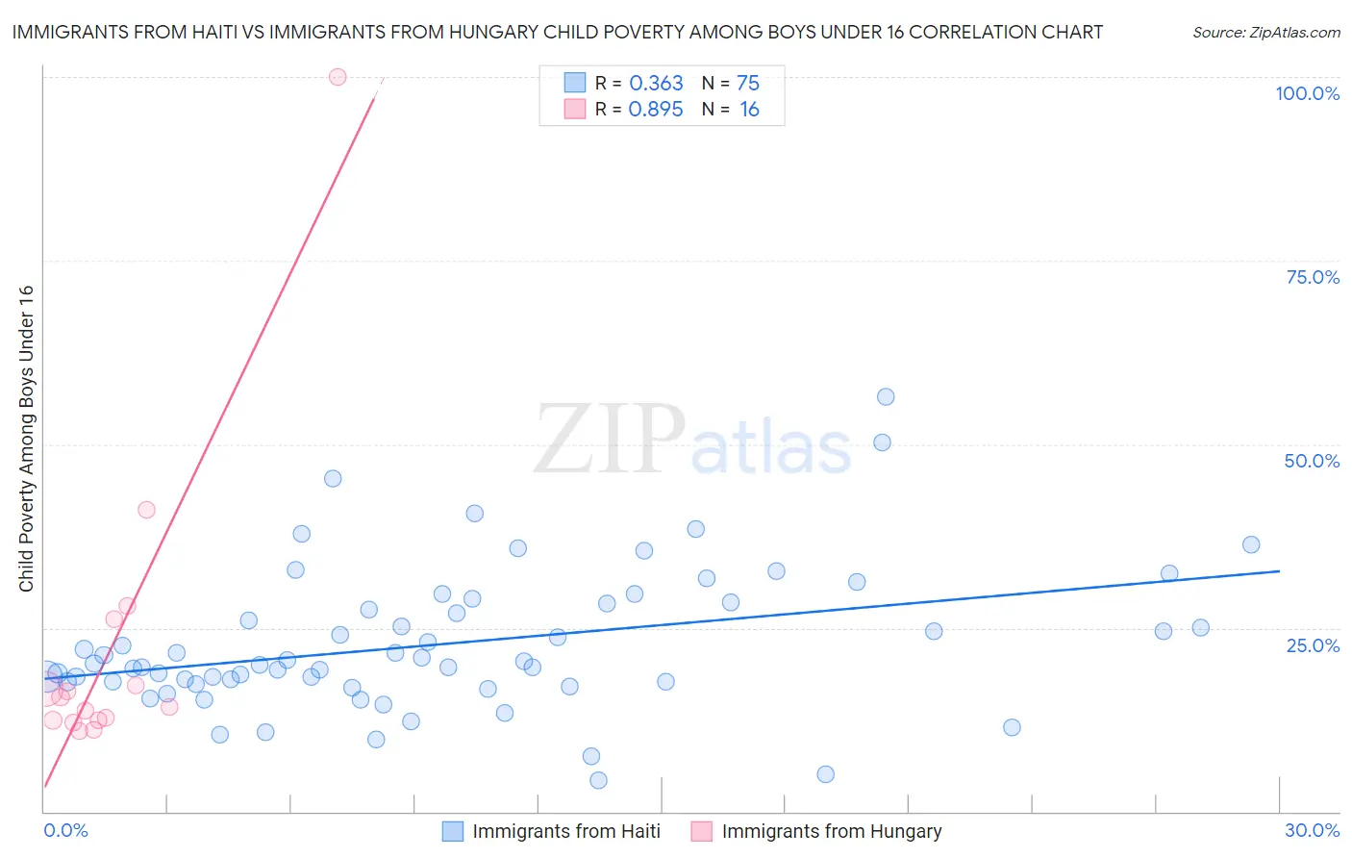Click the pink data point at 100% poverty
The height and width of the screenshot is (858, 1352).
(x=338, y=77)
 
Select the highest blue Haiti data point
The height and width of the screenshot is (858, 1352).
(x=886, y=397)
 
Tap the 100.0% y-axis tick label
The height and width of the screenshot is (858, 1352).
(x=1307, y=93)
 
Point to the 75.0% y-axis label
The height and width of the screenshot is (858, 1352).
(x=1313, y=277)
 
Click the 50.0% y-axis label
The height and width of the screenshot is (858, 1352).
(x=1312, y=461)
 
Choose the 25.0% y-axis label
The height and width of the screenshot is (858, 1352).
(x=1313, y=645)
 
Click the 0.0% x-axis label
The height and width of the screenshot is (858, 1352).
(x=65, y=830)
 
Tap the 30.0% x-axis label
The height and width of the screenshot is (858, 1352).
(x=1312, y=830)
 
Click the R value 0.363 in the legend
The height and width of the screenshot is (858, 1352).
(x=656, y=84)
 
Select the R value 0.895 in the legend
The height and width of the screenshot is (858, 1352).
(x=656, y=110)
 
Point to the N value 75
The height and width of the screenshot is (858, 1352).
(x=748, y=84)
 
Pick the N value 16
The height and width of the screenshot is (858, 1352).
(x=749, y=110)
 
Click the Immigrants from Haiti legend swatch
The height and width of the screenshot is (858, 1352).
(x=453, y=831)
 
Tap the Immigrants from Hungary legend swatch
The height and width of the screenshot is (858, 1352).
(x=702, y=831)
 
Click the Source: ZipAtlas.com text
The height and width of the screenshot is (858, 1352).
(x=1265, y=33)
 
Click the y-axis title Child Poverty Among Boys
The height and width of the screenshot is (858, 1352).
(x=26, y=439)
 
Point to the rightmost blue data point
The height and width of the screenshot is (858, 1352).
(x=1251, y=544)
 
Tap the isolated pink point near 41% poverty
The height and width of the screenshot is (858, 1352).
(x=146, y=510)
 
